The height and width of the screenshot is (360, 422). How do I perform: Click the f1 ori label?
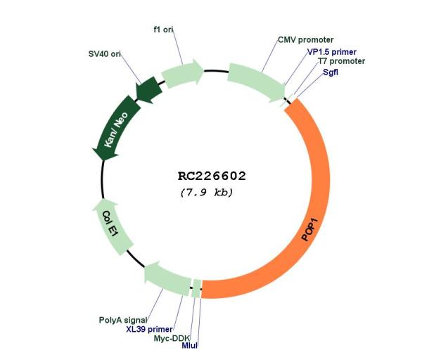[x=163, y=30]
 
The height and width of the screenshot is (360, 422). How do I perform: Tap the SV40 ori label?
[x=104, y=54]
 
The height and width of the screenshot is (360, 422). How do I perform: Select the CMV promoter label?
[x=305, y=40]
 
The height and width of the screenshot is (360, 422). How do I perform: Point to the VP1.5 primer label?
[x=332, y=52]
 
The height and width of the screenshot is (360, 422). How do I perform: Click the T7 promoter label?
[x=342, y=61]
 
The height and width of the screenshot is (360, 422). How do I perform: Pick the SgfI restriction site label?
[x=331, y=72]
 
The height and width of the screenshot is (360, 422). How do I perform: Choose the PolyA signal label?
[x=123, y=320]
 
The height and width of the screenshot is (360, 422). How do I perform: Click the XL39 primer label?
[x=149, y=329]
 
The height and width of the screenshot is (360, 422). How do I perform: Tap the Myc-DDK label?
[x=172, y=338]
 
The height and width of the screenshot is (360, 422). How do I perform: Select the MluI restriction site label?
[x=189, y=345]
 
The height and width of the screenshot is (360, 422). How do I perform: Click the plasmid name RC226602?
[x=212, y=176]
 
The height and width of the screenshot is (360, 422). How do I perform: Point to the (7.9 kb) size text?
[x=207, y=193]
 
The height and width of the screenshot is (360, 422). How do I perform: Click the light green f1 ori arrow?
[x=182, y=73]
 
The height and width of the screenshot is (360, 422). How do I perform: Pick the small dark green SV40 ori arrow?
[x=148, y=89]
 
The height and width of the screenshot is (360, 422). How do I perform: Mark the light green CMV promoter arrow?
[x=256, y=81]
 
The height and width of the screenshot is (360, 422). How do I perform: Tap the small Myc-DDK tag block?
[x=197, y=289]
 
